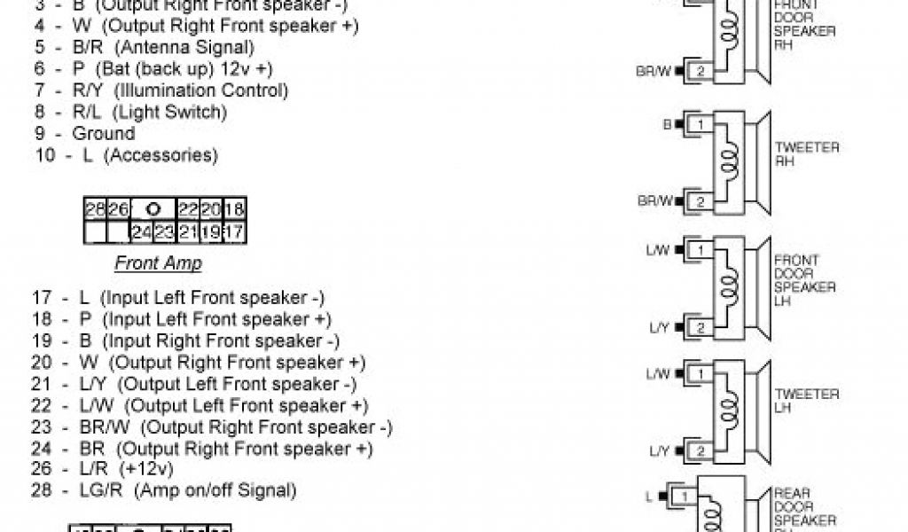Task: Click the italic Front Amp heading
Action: pos(158,263)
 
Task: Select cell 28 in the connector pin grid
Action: pos(95,210)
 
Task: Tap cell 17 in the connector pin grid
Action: pos(234,233)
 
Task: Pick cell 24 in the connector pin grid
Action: pos(141,233)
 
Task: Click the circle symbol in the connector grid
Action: pos(153,210)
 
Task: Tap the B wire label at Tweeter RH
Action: pos(667,125)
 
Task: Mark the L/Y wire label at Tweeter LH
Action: pos(659,451)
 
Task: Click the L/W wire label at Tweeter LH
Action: pos(658,374)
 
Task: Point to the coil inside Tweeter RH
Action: pos(730,163)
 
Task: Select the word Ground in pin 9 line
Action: pos(104,134)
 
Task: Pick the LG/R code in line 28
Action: pos(98,489)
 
